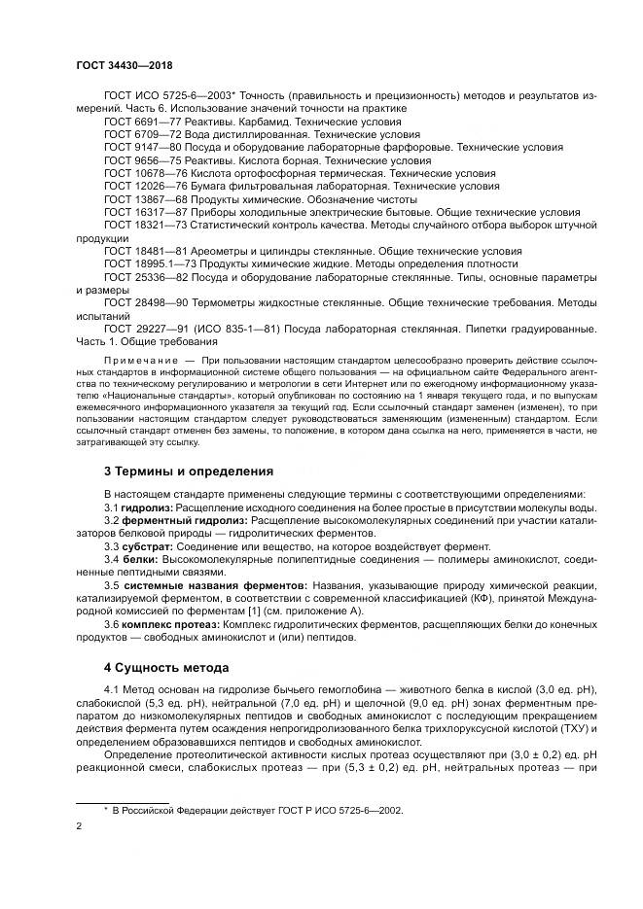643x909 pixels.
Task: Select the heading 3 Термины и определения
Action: point(189,472)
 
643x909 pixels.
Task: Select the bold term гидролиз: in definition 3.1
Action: point(148,507)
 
